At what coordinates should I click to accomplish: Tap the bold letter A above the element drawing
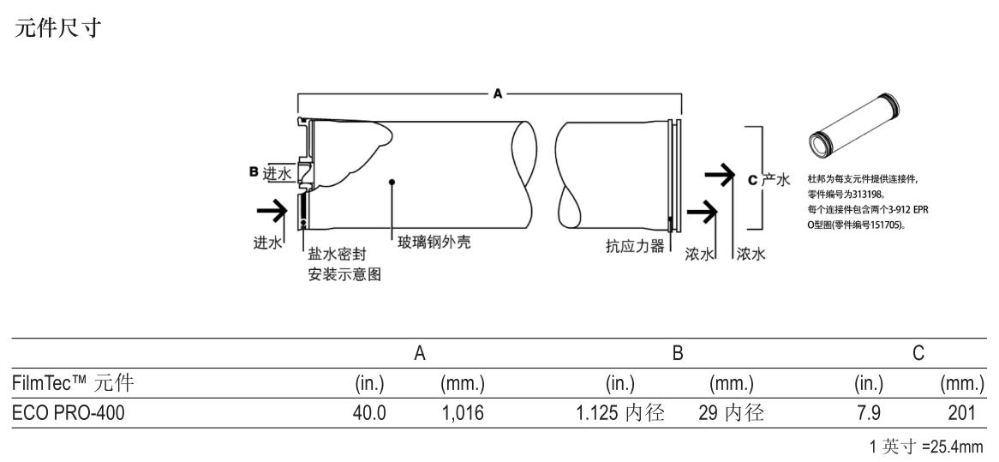pos(498,93)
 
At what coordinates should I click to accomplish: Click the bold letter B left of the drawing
pos(254,172)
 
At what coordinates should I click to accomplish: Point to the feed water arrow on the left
pos(271,209)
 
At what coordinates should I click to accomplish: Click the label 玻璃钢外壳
pos(434,243)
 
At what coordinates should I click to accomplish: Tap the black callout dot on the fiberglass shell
pos(391,182)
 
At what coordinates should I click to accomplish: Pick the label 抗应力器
pos(633,245)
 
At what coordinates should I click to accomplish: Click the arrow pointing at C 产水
pos(719,177)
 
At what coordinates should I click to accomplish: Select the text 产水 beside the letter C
pos(775,180)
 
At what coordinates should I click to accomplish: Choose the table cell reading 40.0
pos(369,414)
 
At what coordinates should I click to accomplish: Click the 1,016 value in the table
pos(463,414)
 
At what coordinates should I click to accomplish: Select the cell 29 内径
pos(730,414)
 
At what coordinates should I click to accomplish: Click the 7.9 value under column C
pos(868,414)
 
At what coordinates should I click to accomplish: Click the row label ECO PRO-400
pos(68,414)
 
